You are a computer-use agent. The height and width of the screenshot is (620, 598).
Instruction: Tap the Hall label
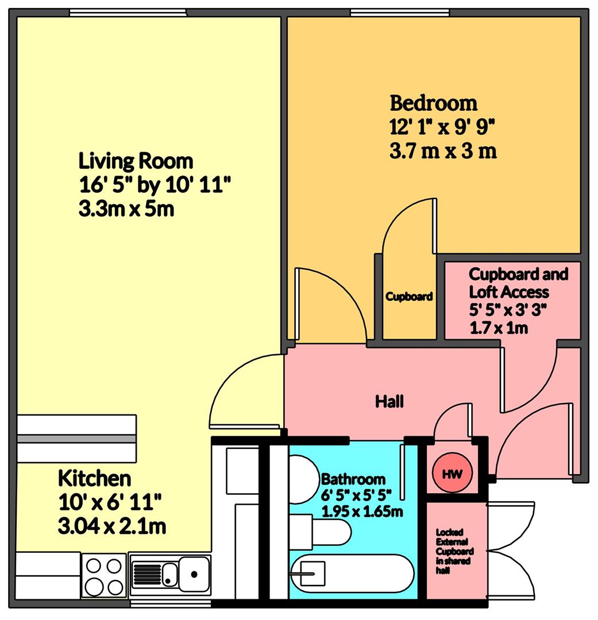pyautogui.click(x=389, y=401)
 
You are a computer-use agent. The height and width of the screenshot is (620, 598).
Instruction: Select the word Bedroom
pyautogui.click(x=434, y=103)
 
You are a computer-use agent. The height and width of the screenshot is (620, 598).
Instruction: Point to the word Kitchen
pyautogui.click(x=95, y=478)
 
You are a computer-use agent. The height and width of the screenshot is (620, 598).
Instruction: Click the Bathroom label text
pyautogui.click(x=353, y=479)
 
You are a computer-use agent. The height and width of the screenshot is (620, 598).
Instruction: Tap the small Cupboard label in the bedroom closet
pyautogui.click(x=409, y=297)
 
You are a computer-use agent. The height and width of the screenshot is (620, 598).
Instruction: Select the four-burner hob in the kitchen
pyautogui.click(x=104, y=576)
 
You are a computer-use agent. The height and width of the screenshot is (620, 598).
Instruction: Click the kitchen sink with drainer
pyautogui.click(x=171, y=573)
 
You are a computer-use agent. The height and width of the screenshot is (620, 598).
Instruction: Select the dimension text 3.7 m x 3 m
pyautogui.click(x=443, y=152)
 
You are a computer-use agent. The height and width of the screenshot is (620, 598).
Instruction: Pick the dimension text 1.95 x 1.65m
pyautogui.click(x=362, y=511)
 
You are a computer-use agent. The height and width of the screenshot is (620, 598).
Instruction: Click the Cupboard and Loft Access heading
pyautogui.click(x=518, y=282)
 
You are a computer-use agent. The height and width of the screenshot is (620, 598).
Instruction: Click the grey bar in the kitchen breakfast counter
pyautogui.click(x=76, y=439)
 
